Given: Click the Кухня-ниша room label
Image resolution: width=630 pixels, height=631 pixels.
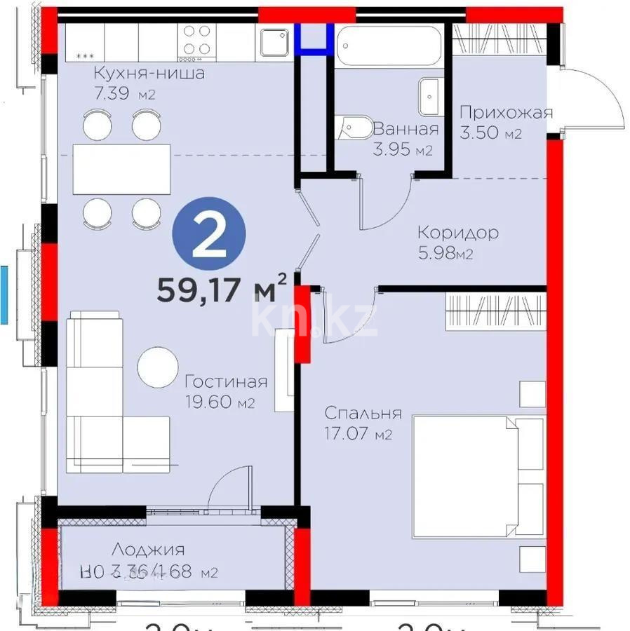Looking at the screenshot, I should (149, 74).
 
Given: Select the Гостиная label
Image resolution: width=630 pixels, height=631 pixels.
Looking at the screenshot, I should (226, 381).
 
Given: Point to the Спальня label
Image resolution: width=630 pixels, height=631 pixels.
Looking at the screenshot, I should (363, 413).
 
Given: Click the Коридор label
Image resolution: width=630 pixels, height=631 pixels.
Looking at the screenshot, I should (458, 233).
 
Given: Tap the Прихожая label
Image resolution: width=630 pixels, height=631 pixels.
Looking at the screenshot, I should (506, 112).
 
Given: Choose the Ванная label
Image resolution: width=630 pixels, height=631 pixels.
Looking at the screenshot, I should (406, 129).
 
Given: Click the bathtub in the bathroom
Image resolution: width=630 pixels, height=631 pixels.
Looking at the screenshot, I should (390, 46).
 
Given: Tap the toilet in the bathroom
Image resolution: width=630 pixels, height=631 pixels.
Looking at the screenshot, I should (353, 128).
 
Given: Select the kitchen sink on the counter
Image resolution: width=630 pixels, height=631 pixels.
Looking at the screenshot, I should (274, 41).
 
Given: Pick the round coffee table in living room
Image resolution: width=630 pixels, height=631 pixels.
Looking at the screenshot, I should (158, 368).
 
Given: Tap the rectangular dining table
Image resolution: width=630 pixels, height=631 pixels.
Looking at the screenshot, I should (122, 170).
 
